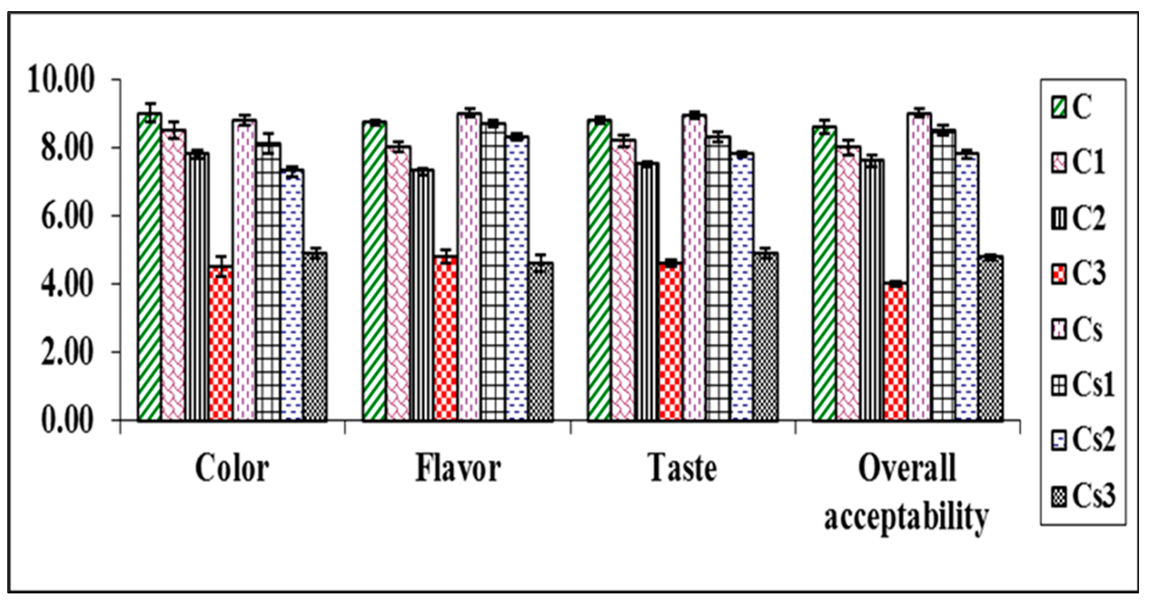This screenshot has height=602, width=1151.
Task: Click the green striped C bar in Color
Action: [x=149, y=268]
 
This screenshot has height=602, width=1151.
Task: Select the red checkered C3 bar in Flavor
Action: [x=445, y=339]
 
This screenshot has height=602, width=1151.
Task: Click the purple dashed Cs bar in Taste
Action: [x=694, y=268]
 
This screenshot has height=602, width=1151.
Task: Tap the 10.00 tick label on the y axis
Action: [x=62, y=81]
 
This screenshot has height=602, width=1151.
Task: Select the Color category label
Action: [x=232, y=469]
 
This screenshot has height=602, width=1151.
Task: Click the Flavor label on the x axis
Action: [x=458, y=469]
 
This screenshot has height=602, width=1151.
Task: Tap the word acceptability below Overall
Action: [x=906, y=518]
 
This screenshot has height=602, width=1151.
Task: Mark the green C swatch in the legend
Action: [x=1058, y=108]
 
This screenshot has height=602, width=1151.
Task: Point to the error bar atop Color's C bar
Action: [x=149, y=109]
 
